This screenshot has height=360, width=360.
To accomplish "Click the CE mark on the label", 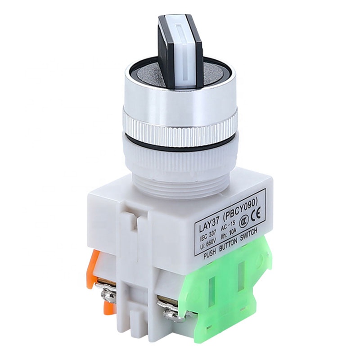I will (256, 215).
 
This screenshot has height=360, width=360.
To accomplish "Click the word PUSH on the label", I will (211, 255).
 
